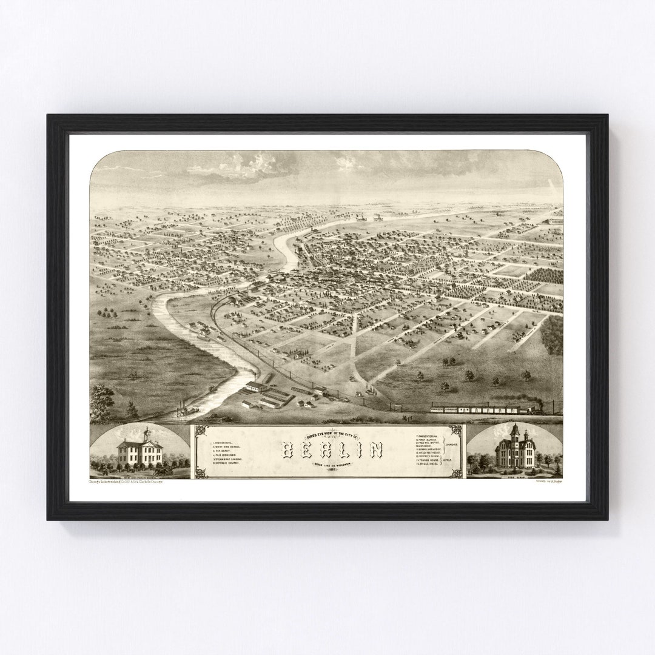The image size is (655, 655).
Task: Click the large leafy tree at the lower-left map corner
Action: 102,400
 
